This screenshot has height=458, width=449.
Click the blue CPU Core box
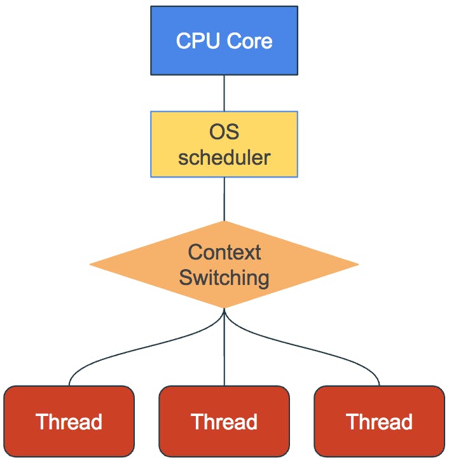224,41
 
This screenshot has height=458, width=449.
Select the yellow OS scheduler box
224,144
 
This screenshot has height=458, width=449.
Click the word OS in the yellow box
224,132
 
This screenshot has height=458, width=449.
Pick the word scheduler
224,156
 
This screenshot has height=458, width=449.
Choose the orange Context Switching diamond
224,264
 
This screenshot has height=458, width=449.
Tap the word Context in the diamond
224,252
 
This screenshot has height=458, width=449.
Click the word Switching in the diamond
224,277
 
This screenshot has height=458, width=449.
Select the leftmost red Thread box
69,421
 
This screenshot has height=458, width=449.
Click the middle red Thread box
224,421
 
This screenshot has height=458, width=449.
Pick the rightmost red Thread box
379,421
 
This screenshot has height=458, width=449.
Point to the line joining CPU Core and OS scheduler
224,93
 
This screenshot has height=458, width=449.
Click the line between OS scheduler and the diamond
224,198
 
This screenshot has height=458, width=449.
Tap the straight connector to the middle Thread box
224,350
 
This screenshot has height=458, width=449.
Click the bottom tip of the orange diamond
224,307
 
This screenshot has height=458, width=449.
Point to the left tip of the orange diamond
92,264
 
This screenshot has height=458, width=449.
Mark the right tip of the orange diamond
357,264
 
